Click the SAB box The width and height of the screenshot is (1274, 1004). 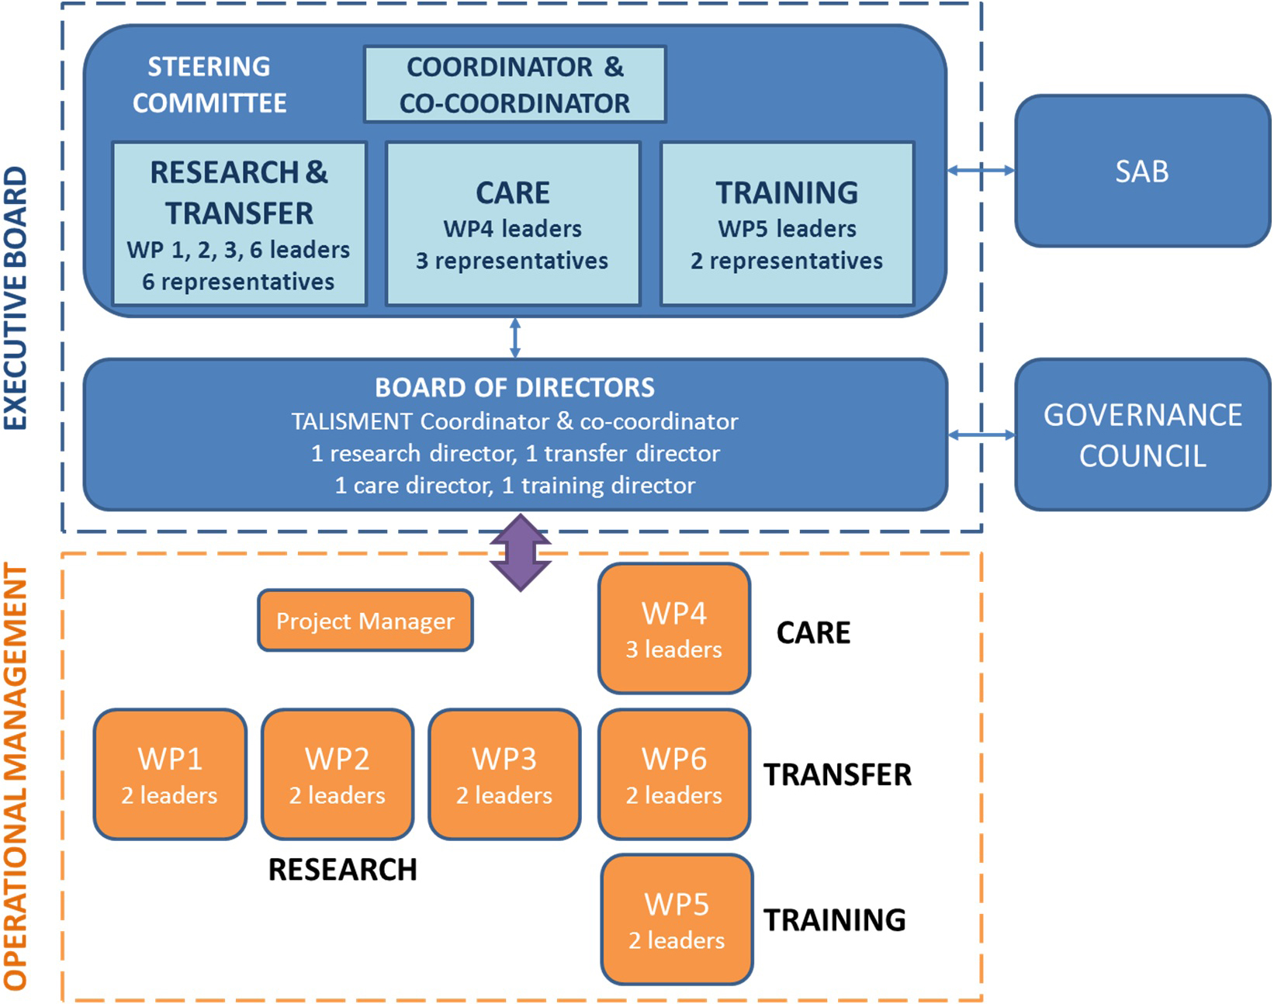point(1141,171)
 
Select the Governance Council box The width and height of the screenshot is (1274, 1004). point(1141,434)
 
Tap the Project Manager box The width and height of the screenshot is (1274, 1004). point(365,621)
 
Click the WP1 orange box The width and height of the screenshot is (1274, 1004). point(170,774)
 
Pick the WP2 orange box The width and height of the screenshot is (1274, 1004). point(338,774)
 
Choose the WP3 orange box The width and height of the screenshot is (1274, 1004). point(504,774)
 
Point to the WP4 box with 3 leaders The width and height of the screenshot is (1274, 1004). point(674,628)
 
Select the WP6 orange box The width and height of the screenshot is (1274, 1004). point(674,774)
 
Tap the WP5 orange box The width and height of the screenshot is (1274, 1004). point(677,919)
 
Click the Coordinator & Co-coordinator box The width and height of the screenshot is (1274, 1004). point(514,85)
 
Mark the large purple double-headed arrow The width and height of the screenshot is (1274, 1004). point(521,552)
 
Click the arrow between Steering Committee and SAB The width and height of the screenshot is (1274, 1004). point(981,170)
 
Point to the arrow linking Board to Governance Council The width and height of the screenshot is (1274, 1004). point(981,435)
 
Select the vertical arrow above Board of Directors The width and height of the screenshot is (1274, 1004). point(515,338)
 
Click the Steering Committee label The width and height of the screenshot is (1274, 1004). point(209,85)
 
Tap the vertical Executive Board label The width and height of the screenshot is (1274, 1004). point(16,299)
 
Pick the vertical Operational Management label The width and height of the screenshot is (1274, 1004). point(16,776)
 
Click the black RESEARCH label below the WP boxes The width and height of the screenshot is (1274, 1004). point(342,870)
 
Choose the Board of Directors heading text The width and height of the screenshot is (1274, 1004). point(514,387)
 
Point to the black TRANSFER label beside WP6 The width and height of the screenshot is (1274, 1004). point(837,774)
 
